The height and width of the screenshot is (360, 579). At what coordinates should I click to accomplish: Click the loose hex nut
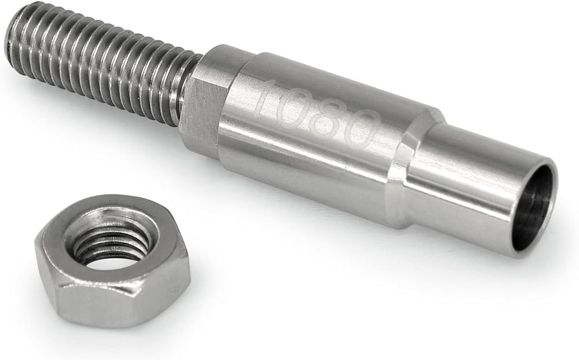tap(112, 262)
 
